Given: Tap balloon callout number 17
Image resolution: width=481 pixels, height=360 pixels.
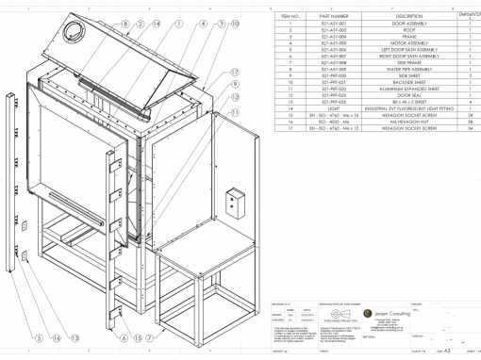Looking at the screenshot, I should (233, 72).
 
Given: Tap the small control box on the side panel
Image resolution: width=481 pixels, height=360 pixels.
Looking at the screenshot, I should (232, 200).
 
